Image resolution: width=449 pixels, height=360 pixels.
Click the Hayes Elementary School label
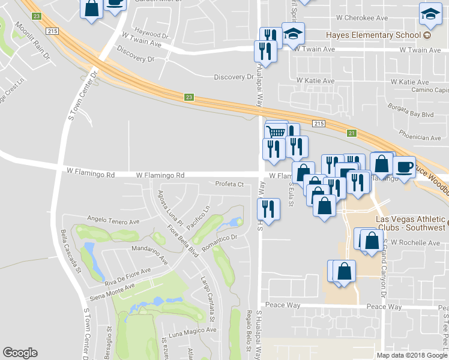373,35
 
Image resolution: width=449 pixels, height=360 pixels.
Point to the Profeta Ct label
229,184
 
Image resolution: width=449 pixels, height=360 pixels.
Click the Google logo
20,353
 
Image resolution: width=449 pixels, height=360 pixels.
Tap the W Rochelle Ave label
415,243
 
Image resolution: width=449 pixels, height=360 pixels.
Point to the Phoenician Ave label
420,137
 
